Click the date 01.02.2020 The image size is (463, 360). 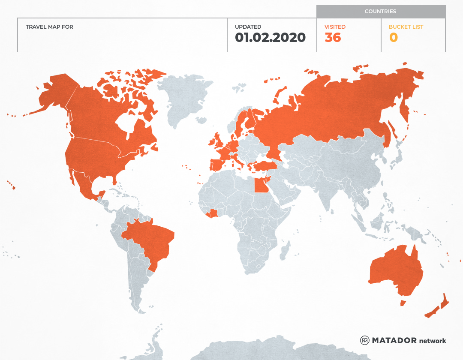(x=270, y=38)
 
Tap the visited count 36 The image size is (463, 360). (x=333, y=38)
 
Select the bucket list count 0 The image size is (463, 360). (x=393, y=38)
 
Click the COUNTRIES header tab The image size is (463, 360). (x=380, y=12)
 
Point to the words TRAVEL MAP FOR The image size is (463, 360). (x=49, y=27)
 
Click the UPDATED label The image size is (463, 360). (x=248, y=27)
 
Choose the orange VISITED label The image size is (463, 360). (x=335, y=27)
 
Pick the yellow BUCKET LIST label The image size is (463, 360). (x=406, y=27)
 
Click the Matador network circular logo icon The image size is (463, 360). (x=364, y=340)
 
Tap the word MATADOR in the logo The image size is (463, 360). (x=394, y=340)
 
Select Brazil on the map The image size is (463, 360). (x=150, y=240)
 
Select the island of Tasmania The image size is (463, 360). (x=403, y=303)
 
